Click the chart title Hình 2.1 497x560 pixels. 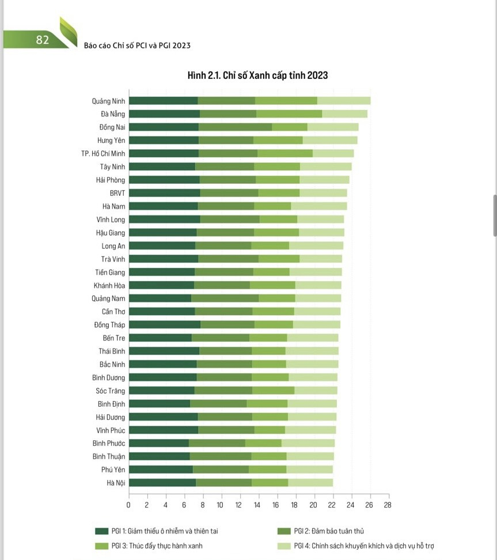(x=257, y=75)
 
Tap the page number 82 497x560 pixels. (x=42, y=40)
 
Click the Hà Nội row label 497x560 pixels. (x=116, y=483)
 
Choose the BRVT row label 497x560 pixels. (x=117, y=193)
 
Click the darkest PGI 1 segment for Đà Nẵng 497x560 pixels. (x=164, y=114)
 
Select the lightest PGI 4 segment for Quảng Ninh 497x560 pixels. (x=344, y=101)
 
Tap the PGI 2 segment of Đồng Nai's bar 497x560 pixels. (x=236, y=127)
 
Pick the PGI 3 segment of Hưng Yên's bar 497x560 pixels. (x=278, y=140)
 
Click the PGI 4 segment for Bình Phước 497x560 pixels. (x=308, y=443)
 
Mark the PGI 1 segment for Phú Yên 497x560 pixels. (x=161, y=470)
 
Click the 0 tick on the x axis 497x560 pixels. (x=128, y=505)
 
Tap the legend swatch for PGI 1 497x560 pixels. (x=102, y=531)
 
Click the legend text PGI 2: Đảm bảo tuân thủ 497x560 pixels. (x=328, y=531)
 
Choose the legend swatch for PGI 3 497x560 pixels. (x=102, y=546)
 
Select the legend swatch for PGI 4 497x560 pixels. (x=283, y=546)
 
